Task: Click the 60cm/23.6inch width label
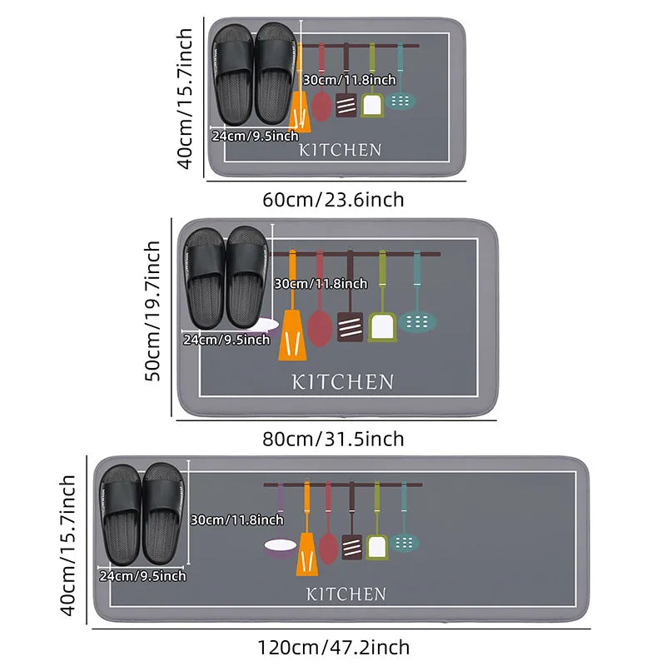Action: (x=333, y=200)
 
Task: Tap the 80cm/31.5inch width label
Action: (x=333, y=439)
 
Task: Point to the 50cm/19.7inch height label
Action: (x=153, y=311)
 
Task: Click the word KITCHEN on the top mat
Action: (x=340, y=151)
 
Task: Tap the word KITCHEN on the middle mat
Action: (x=342, y=382)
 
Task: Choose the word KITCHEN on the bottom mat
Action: (x=346, y=594)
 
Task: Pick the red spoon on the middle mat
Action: (x=320, y=326)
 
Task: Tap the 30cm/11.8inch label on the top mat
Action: (x=349, y=80)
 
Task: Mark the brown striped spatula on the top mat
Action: (x=346, y=103)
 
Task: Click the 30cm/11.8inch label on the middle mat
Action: (x=321, y=284)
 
